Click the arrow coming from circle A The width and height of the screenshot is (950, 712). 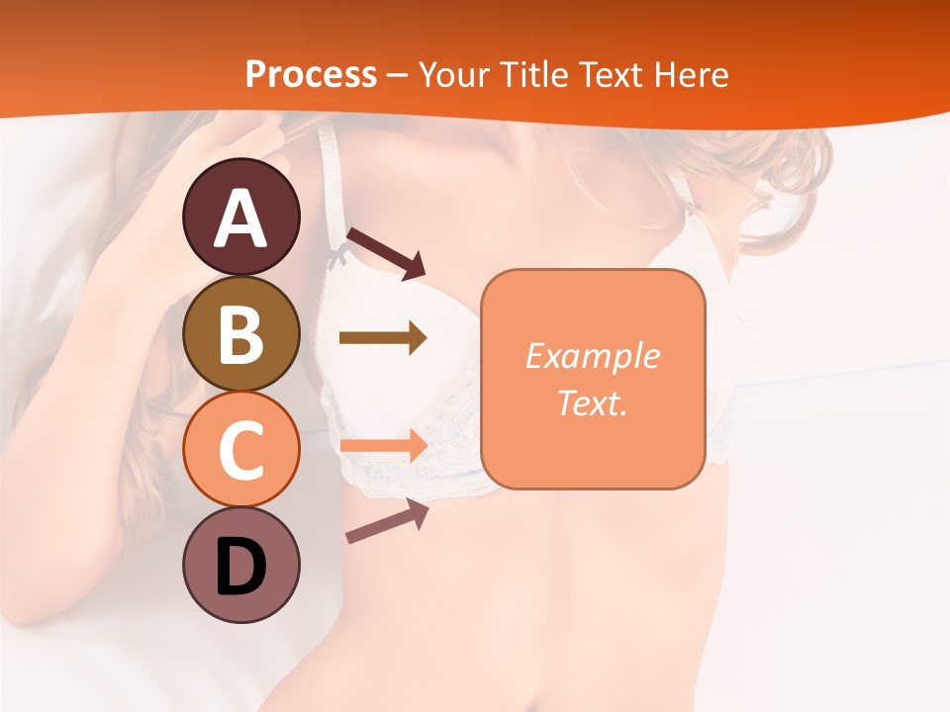pos(386,253)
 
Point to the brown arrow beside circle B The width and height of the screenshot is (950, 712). pos(382,338)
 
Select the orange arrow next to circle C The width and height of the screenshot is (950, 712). pos(382,445)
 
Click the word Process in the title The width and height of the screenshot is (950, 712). pos(311,75)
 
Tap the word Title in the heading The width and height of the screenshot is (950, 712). pos(529,75)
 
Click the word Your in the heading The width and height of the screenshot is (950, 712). pos(453,75)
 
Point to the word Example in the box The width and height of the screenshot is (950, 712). pos(592,356)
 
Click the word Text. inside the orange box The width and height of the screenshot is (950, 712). pos(592,403)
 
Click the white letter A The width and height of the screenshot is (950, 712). pos(241,220)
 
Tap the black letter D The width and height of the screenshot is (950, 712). pos(241,568)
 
